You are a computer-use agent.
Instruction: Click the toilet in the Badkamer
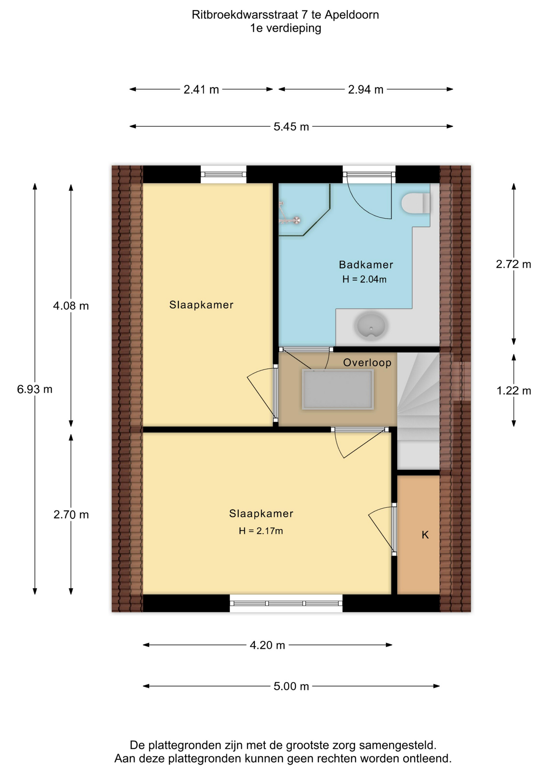pyautogui.click(x=415, y=203)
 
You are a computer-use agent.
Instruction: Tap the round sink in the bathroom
pyautogui.click(x=371, y=325)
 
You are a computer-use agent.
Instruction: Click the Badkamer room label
pyautogui.click(x=366, y=265)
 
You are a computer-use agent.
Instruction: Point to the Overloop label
pyautogui.click(x=367, y=362)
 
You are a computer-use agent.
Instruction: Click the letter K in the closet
pyautogui.click(x=425, y=535)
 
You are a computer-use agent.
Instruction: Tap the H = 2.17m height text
pyautogui.click(x=261, y=531)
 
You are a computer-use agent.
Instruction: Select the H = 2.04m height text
pyautogui.click(x=364, y=279)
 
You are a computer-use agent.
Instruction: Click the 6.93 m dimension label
pyautogui.click(x=35, y=389)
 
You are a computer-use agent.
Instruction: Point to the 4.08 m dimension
pyautogui.click(x=71, y=306)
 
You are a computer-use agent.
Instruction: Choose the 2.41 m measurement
pyautogui.click(x=201, y=89)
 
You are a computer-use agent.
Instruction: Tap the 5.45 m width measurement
pyautogui.click(x=291, y=126)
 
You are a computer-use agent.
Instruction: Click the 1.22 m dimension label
pyautogui.click(x=514, y=390)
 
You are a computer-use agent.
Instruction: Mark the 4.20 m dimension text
pyautogui.click(x=267, y=645)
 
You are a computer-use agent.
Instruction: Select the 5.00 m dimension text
pyautogui.click(x=291, y=686)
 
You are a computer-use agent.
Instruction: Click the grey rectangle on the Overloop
pyautogui.click(x=338, y=390)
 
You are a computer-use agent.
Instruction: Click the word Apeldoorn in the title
pyautogui.click(x=352, y=15)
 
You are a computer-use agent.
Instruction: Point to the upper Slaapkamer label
pyautogui.click(x=201, y=305)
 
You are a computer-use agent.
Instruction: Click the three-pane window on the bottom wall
pyautogui.click(x=286, y=603)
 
